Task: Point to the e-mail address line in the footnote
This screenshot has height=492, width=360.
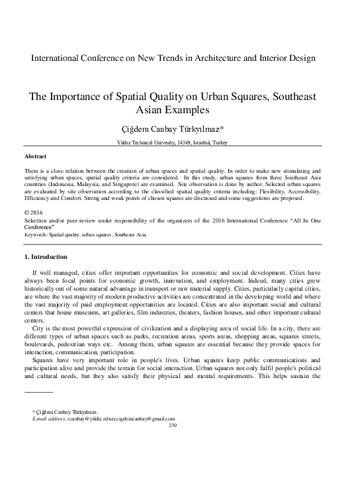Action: tap(103, 418)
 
